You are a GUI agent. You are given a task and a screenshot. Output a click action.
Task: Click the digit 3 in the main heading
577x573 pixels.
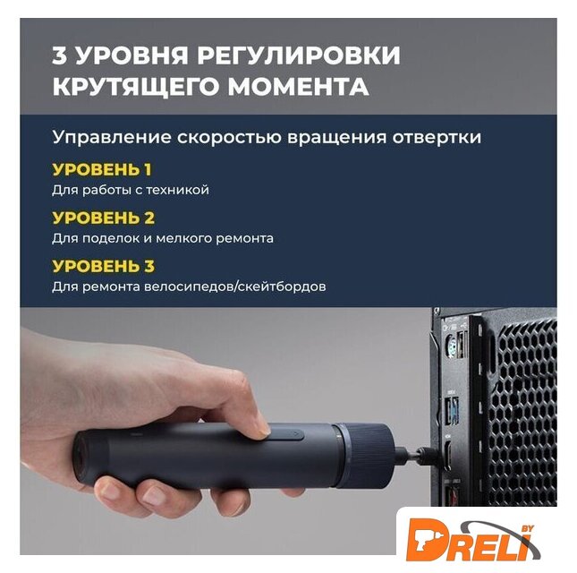tap(59, 56)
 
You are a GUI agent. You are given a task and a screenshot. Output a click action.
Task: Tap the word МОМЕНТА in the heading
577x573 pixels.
tap(298, 86)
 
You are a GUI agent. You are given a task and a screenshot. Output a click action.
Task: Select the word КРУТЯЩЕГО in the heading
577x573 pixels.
tap(135, 87)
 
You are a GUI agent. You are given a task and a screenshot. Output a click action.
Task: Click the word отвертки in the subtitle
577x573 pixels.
tap(437, 137)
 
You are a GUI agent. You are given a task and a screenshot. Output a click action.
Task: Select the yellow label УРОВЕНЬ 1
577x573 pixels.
tap(102, 169)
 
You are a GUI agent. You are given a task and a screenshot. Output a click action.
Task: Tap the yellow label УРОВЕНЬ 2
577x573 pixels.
tap(104, 218)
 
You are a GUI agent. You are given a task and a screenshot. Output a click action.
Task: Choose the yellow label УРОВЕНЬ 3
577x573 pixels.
tap(104, 266)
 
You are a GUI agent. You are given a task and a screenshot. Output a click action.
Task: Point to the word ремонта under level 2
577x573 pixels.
tap(244, 238)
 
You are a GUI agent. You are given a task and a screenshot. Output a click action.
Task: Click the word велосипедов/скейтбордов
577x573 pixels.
tap(234, 286)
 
